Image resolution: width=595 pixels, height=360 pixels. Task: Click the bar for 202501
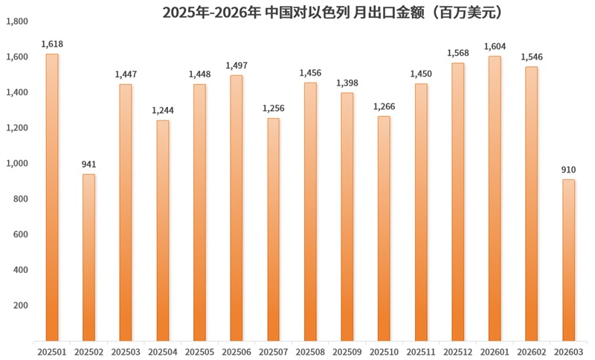(x=51, y=197)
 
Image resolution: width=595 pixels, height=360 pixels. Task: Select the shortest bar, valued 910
(x=568, y=260)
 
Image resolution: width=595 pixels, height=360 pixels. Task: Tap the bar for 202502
(x=89, y=257)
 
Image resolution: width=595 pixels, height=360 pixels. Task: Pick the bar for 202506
(x=236, y=208)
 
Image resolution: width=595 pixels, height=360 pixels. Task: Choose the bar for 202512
(x=457, y=202)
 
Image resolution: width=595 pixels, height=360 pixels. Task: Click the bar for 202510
(x=384, y=228)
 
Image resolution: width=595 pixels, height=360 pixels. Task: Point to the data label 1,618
(x=51, y=45)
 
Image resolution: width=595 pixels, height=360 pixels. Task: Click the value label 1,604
(x=495, y=46)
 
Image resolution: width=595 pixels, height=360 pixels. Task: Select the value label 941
(x=89, y=164)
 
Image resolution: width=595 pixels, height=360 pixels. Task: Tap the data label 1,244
(x=162, y=111)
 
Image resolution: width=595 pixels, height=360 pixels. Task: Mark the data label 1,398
(x=347, y=83)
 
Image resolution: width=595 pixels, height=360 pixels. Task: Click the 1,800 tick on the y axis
(x=17, y=22)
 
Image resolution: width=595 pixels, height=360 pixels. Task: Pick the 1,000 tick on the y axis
(x=17, y=164)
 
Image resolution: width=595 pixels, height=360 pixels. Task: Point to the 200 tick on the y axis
(x=21, y=306)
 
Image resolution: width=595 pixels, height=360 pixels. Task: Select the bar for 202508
(x=310, y=212)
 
